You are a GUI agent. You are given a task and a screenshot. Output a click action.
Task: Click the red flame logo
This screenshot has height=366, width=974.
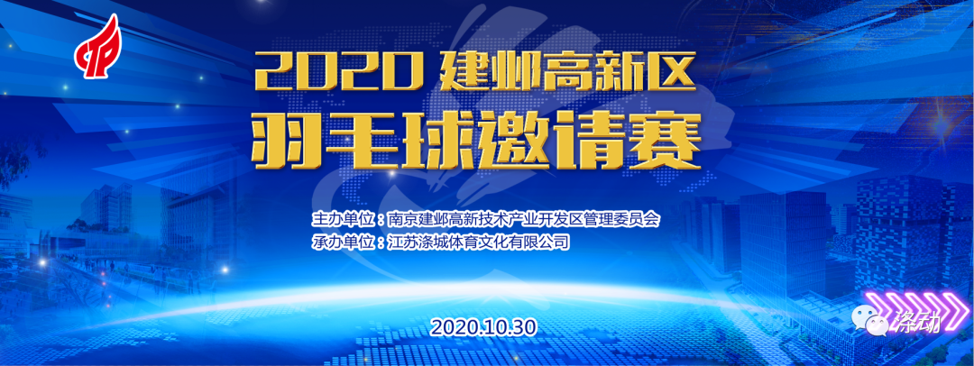click(98, 47)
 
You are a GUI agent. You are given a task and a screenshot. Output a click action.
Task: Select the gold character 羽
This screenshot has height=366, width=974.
click(282, 141)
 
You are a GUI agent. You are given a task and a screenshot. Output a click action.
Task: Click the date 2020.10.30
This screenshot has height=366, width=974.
click(482, 326)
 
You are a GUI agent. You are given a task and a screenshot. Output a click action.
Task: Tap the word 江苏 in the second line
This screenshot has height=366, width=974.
click(400, 242)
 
